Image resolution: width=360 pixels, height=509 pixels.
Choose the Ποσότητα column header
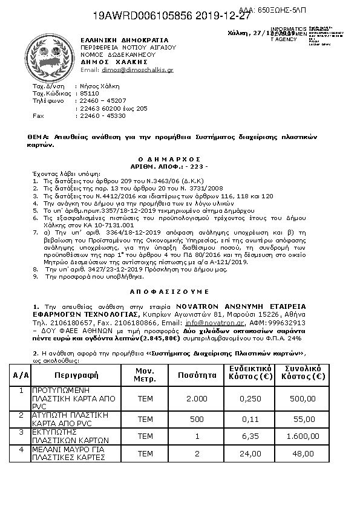tap(197, 375)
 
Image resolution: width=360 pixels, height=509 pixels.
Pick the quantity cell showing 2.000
tap(197, 398)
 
